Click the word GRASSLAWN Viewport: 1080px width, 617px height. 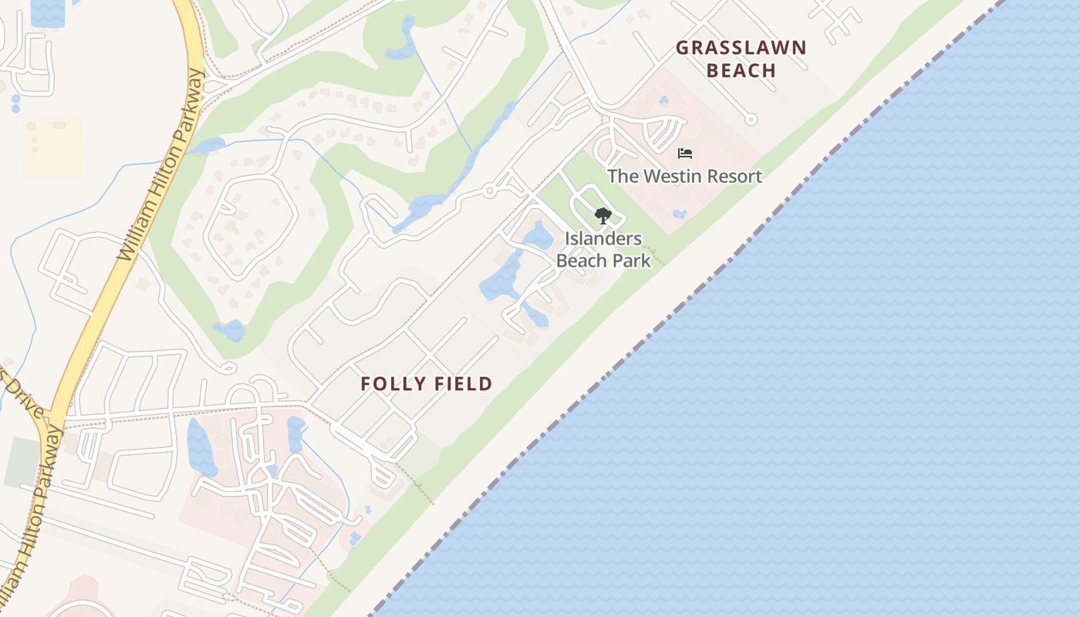click(x=741, y=48)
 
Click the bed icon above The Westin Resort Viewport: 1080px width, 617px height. click(x=685, y=153)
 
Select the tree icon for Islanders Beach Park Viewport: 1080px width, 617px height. click(x=603, y=216)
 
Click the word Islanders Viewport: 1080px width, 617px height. click(x=603, y=238)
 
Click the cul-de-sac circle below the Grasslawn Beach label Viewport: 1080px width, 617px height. click(x=751, y=120)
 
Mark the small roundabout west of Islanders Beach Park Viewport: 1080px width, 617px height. click(x=488, y=191)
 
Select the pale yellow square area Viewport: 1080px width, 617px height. click(x=52, y=147)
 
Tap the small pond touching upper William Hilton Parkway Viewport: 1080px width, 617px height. click(x=205, y=145)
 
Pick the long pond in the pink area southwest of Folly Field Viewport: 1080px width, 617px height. click(x=201, y=447)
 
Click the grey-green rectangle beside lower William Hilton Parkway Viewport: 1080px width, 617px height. click(x=22, y=463)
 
